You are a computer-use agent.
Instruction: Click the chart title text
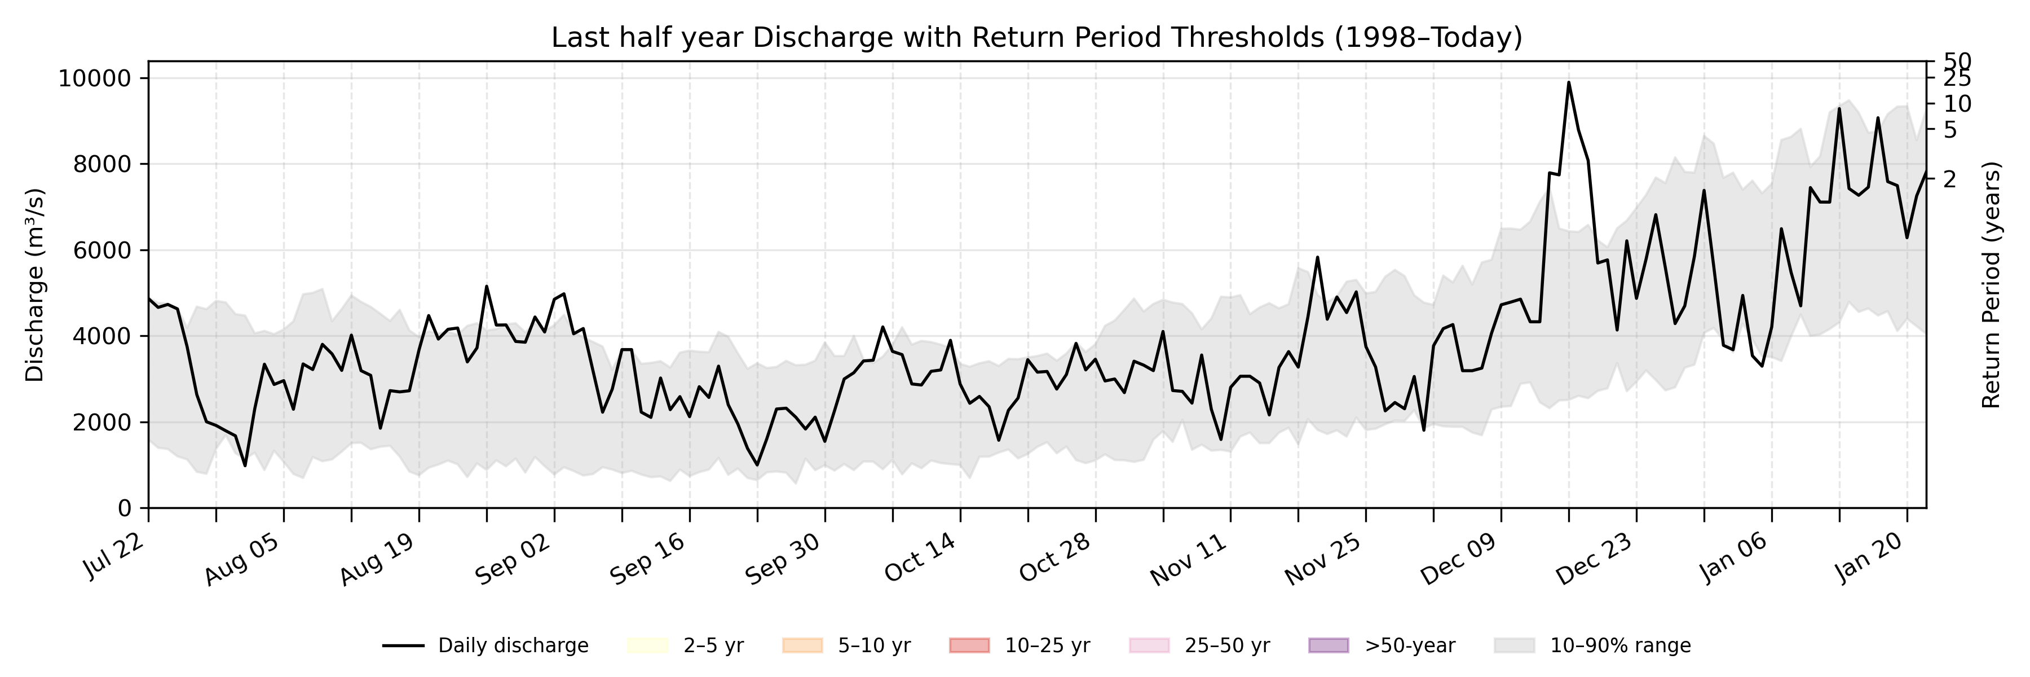point(1036,37)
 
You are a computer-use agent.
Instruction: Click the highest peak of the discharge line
point(1568,82)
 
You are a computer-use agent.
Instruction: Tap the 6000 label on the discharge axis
point(103,250)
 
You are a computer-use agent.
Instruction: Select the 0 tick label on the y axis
point(125,508)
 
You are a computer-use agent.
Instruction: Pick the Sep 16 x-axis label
point(648,560)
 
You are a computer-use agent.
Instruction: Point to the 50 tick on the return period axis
point(1957,61)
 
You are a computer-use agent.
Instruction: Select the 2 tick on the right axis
point(1949,180)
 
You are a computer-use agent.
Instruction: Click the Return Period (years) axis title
point(1992,285)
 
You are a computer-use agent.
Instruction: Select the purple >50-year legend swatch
point(1328,645)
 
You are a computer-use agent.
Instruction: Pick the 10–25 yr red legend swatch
point(969,645)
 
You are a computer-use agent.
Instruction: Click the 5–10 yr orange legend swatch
point(802,645)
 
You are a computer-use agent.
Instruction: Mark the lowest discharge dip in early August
point(245,465)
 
